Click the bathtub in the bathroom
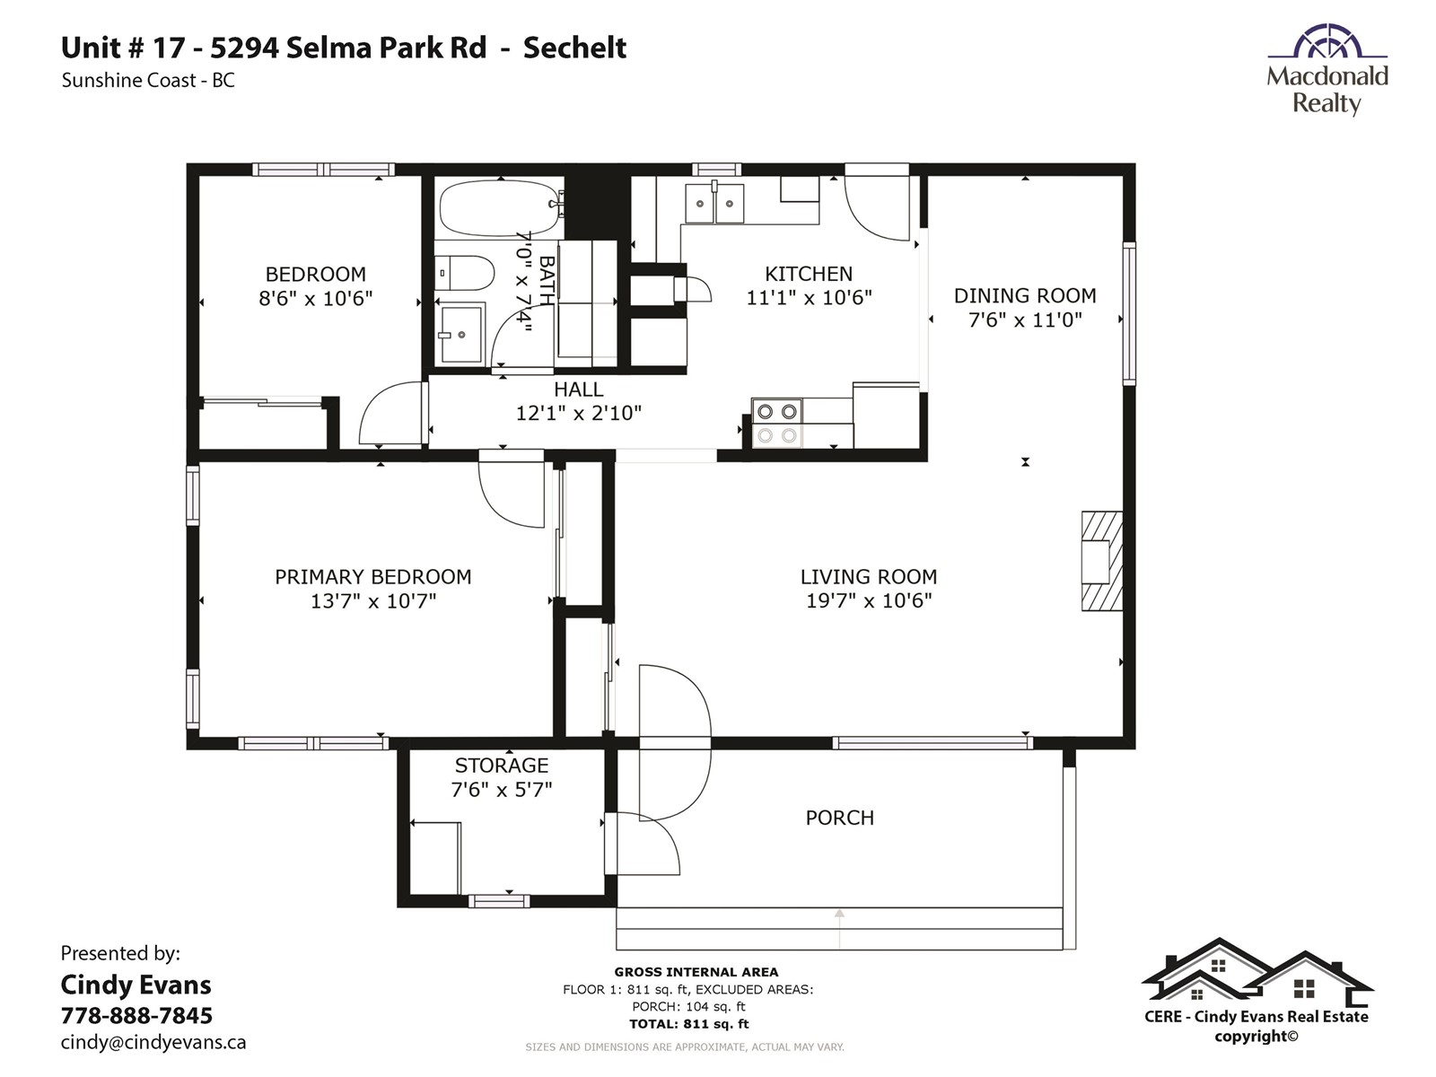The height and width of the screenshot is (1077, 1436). tap(501, 208)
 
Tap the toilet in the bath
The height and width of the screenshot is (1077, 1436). tap(464, 273)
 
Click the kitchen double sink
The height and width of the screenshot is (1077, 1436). tap(714, 204)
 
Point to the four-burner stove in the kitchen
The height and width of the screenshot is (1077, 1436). tap(776, 423)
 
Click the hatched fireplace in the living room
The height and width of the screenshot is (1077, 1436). tap(1102, 561)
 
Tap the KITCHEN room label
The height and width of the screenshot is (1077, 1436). tap(809, 274)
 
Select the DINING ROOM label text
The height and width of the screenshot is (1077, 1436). tap(1025, 295)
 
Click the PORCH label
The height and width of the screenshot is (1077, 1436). tap(839, 818)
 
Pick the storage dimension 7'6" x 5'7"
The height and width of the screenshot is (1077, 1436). tap(501, 790)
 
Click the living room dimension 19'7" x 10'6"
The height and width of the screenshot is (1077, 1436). tap(868, 600)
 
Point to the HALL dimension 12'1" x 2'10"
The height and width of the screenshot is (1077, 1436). tap(578, 413)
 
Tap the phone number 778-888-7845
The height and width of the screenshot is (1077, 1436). tap(136, 1016)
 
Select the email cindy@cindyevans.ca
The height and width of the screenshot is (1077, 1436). tap(153, 1042)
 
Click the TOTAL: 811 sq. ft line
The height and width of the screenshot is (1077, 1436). tap(689, 1024)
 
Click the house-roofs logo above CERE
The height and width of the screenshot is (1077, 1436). tap(1256, 970)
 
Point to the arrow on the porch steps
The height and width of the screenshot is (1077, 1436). tap(839, 929)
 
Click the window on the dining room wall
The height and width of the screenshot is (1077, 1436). tap(1129, 313)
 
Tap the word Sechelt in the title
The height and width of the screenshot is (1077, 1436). tap(574, 48)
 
